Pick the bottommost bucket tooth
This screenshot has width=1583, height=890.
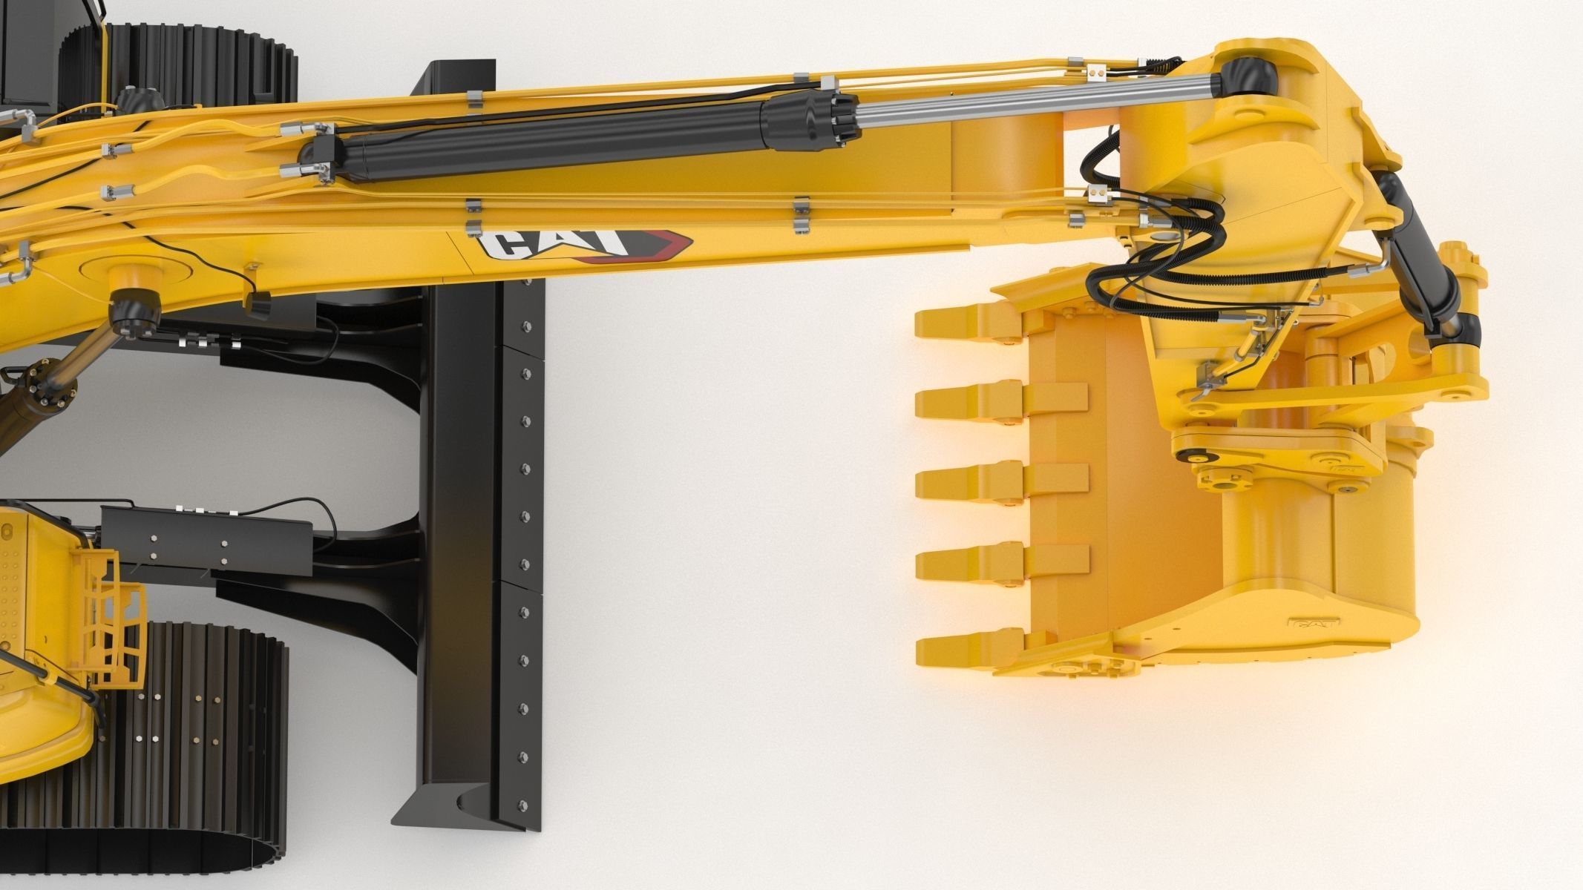click(957, 650)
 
